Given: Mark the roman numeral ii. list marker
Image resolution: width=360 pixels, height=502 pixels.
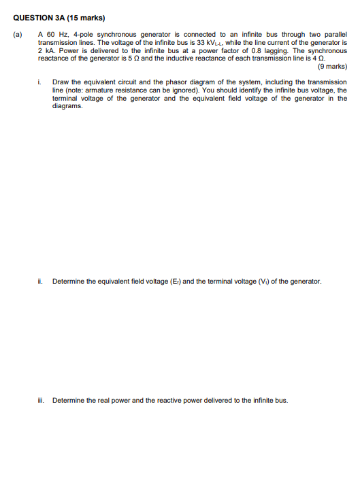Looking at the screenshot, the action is (x=41, y=281).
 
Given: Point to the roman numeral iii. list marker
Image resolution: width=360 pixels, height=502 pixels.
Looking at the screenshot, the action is (x=42, y=401).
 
